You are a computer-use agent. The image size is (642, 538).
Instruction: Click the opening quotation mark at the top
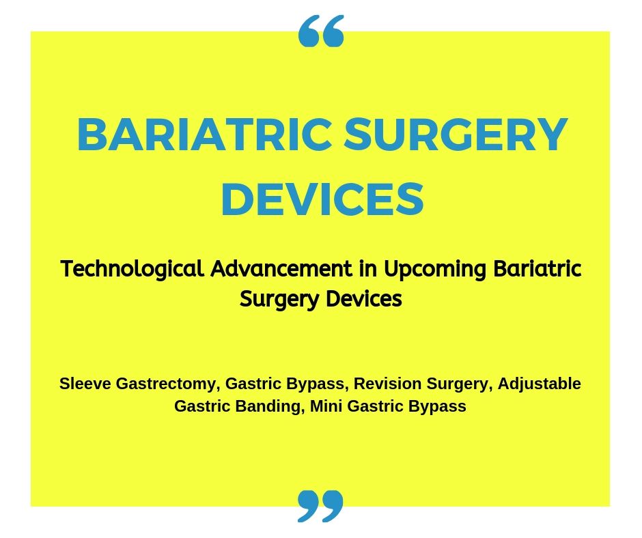(x=321, y=31)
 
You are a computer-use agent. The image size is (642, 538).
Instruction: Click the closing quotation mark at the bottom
(x=320, y=506)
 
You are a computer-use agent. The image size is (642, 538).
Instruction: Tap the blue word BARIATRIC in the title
(x=204, y=134)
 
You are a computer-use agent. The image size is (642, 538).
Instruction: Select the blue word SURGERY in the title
(x=456, y=134)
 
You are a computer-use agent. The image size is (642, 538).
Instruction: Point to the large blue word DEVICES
(x=322, y=199)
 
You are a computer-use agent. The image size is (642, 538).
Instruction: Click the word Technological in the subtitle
(x=132, y=270)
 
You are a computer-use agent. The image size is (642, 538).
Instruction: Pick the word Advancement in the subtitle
(x=281, y=269)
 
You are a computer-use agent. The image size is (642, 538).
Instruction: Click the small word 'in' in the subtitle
(x=367, y=269)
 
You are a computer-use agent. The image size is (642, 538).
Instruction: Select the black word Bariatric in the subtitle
(x=538, y=269)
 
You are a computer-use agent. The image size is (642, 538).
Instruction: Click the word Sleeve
(x=85, y=384)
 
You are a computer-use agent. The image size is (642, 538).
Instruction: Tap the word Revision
(x=387, y=384)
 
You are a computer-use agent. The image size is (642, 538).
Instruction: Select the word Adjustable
(x=540, y=384)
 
